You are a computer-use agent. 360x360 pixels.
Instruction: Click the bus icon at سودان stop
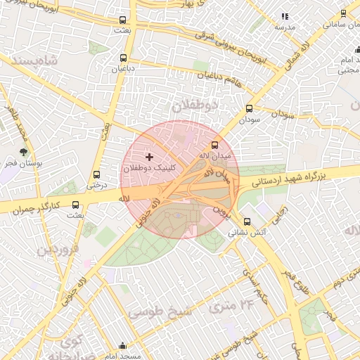click(249, 109)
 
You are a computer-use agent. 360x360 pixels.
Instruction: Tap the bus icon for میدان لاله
click(215, 143)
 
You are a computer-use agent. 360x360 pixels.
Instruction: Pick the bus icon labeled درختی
click(96, 174)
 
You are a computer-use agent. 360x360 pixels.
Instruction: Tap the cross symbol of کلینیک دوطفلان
click(148, 156)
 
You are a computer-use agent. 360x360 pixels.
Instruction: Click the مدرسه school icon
click(285, 15)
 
